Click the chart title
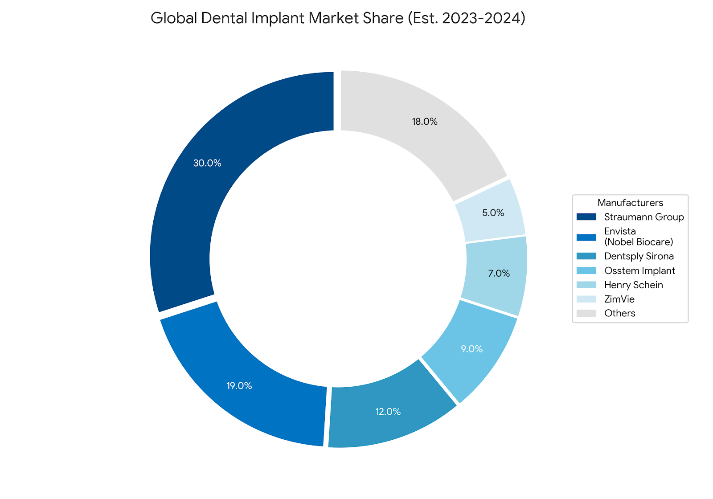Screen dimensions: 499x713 [x=338, y=19]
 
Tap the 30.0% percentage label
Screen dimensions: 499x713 [x=207, y=164]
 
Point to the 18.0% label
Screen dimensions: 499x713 [x=425, y=122]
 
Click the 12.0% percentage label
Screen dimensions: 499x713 [x=388, y=412]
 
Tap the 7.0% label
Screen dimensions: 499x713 [x=499, y=274]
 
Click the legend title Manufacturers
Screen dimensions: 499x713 [x=630, y=203]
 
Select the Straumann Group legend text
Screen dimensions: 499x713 [x=644, y=217]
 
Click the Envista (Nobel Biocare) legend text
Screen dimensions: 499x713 [x=638, y=237]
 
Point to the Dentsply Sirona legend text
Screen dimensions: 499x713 [x=639, y=256]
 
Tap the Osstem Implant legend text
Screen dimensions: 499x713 [x=639, y=270]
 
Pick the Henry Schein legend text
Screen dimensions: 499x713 [x=634, y=285]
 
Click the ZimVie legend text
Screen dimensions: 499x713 [x=619, y=299]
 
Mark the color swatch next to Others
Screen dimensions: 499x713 [x=586, y=313]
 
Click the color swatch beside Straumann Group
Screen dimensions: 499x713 [x=586, y=217]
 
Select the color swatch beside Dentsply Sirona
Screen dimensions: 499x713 [x=586, y=256]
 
